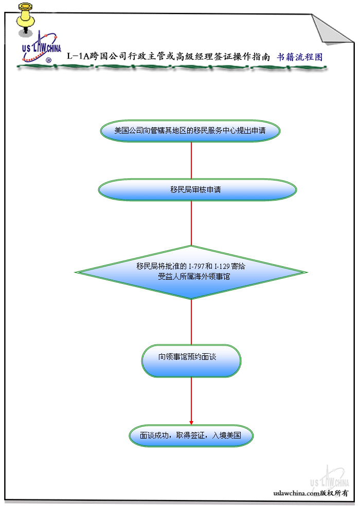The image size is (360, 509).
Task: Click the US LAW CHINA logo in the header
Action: [x=41, y=49]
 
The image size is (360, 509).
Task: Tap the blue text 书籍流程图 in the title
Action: [x=300, y=57]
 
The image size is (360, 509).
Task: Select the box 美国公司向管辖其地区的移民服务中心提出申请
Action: [x=190, y=131]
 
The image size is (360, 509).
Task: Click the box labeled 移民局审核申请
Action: [x=197, y=190]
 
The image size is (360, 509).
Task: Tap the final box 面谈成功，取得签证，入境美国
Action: [x=191, y=435]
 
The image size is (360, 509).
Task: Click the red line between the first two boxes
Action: [x=191, y=160]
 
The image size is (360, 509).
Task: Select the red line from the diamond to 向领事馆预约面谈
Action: [x=191, y=321]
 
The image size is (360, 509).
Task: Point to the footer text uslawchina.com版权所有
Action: [x=311, y=493]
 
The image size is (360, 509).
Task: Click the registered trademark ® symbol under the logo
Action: [x=49, y=60]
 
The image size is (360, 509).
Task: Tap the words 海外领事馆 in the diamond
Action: [x=212, y=277]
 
